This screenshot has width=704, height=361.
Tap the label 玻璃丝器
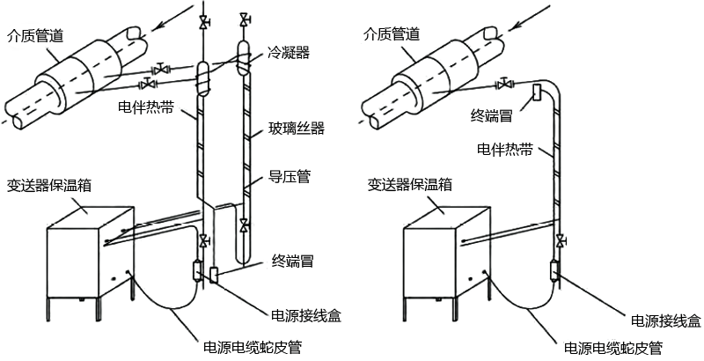tap(297, 130)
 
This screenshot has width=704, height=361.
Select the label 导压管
tap(290, 177)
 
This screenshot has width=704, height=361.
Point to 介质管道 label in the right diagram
tap(392, 35)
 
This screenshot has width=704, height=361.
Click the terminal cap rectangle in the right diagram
tap(537, 92)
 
